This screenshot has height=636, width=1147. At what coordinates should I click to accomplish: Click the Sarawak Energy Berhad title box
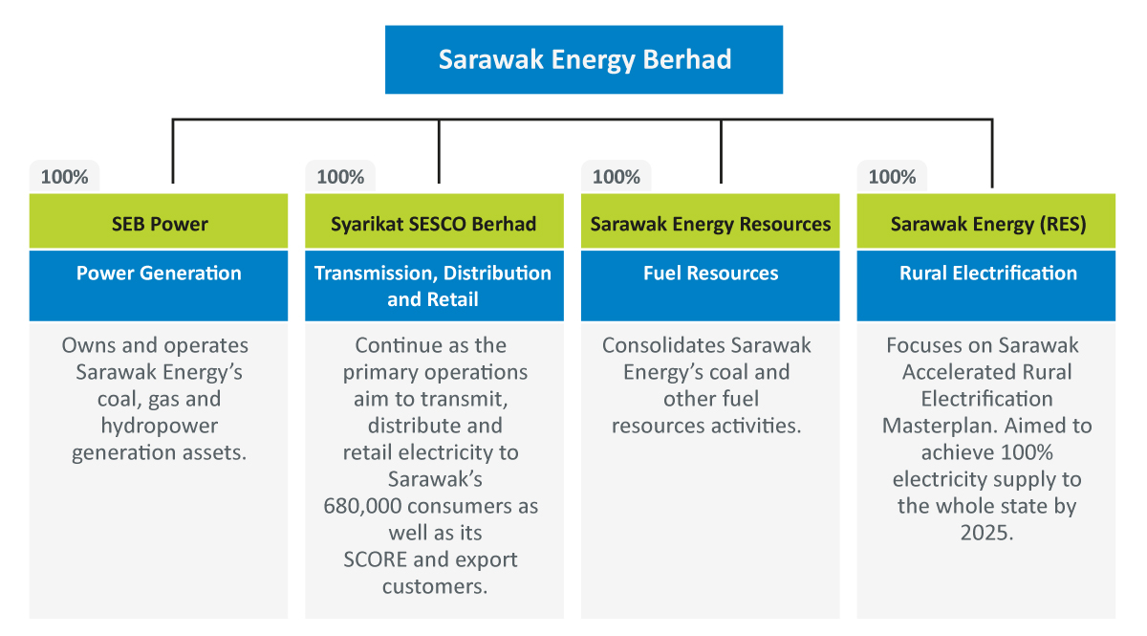click(584, 59)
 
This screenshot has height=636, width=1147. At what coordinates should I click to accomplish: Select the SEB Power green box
click(159, 221)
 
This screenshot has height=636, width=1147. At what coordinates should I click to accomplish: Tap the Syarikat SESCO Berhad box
click(434, 221)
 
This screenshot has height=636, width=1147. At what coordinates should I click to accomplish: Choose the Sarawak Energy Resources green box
click(710, 221)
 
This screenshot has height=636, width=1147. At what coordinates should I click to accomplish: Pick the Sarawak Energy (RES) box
click(986, 221)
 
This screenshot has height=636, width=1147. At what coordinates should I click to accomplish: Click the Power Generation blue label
click(159, 285)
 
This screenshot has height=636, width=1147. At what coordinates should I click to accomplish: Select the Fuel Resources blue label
click(710, 285)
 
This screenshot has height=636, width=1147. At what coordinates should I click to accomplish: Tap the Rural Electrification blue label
click(986, 285)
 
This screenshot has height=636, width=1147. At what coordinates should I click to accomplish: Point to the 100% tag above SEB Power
click(65, 177)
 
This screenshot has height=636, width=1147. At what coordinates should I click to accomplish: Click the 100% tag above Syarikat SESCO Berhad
click(340, 177)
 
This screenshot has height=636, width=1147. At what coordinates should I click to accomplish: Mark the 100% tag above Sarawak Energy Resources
click(617, 177)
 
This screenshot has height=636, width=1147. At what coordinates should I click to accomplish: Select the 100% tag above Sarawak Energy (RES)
click(892, 177)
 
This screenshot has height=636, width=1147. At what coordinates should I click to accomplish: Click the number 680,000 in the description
click(362, 506)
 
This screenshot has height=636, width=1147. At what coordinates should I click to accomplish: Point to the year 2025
click(986, 533)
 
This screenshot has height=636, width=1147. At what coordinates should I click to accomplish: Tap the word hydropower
click(160, 427)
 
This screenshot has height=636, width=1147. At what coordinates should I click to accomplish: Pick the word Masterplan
click(940, 427)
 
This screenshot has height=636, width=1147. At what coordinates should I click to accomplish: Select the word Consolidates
click(663, 345)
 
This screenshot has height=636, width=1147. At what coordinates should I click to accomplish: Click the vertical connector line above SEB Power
click(173, 151)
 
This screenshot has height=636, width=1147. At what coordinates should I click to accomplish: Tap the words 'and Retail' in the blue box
click(433, 299)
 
